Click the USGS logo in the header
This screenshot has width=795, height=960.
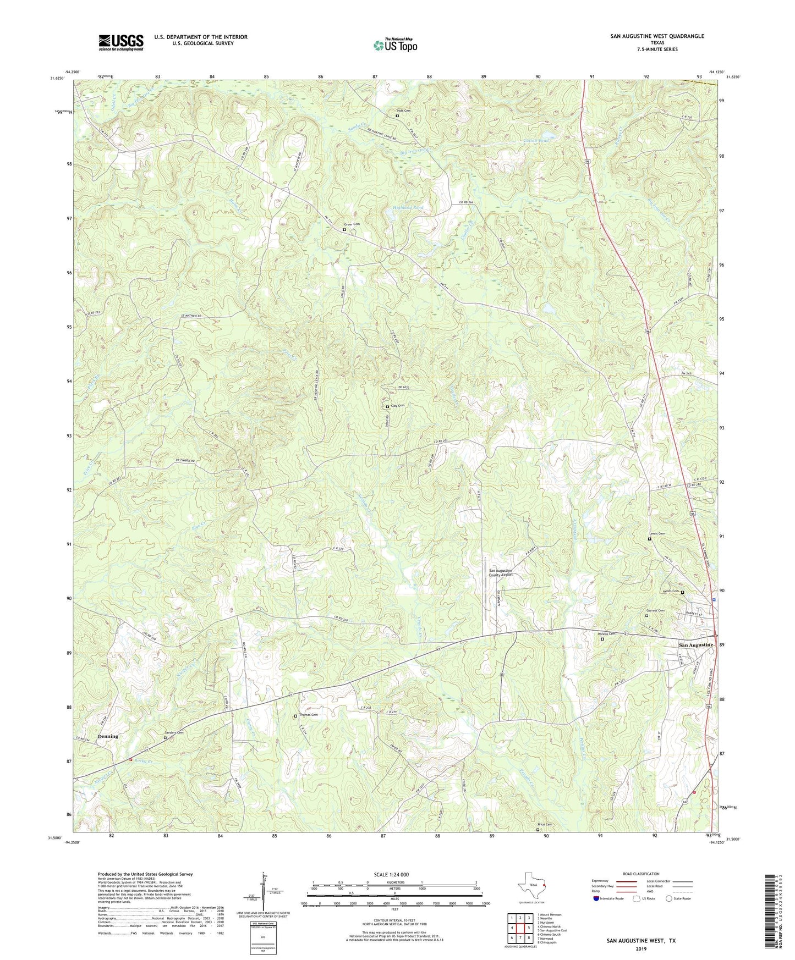(121, 42)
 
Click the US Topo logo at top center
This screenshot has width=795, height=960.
(394, 45)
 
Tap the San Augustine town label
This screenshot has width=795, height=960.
(695, 644)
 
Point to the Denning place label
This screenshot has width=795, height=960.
(108, 736)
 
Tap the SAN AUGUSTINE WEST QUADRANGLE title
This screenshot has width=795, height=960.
(657, 36)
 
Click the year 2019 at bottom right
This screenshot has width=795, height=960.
(641, 948)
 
